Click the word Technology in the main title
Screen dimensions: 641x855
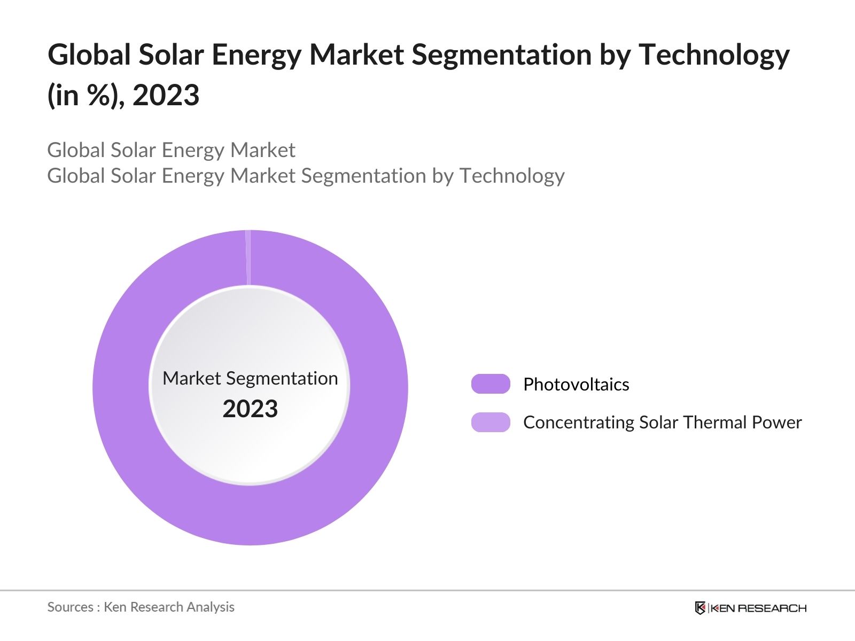[714, 56]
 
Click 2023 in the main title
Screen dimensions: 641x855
[166, 96]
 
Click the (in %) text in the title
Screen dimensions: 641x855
[85, 96]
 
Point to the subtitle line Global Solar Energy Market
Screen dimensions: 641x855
[171, 150]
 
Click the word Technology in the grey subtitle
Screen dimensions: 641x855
[512, 176]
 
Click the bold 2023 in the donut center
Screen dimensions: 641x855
[250, 409]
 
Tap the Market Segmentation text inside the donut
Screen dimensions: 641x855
[250, 378]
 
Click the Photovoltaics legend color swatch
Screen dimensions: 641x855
[491, 384]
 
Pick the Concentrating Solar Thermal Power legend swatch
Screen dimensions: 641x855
[491, 422]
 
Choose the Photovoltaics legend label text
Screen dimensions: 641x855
[576, 384]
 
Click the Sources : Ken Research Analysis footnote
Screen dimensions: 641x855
[141, 607]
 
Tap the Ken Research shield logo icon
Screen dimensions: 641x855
[700, 608]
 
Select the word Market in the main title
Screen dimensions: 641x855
[356, 54]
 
